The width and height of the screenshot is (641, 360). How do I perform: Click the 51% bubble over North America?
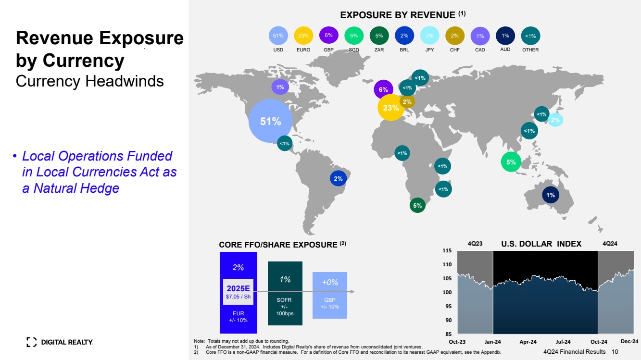click(x=270, y=121)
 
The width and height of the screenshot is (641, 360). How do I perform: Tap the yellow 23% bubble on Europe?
click(x=391, y=108)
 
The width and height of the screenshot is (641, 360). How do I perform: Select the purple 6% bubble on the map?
click(x=383, y=89)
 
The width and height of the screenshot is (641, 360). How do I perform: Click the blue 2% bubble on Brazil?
click(x=338, y=178)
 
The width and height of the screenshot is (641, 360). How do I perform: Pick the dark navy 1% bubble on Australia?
click(x=551, y=195)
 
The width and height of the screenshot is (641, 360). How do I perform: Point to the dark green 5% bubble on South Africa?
click(x=417, y=205)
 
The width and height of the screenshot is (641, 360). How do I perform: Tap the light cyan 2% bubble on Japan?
click(x=555, y=120)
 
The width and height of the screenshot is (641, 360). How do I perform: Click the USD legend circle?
click(x=278, y=36)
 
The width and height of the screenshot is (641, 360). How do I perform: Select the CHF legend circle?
click(x=455, y=36)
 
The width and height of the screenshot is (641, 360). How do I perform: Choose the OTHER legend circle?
click(x=530, y=36)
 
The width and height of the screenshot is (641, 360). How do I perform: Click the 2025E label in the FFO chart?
click(x=238, y=288)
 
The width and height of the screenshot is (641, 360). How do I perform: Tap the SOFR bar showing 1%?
click(x=285, y=293)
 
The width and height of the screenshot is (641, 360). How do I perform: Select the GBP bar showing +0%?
click(x=330, y=296)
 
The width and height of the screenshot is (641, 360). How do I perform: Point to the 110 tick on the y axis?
click(x=447, y=264)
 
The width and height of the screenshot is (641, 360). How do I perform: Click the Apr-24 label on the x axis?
click(x=528, y=342)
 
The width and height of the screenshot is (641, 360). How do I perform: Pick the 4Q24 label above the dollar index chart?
click(x=610, y=244)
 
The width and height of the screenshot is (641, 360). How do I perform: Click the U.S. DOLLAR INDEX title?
click(x=541, y=244)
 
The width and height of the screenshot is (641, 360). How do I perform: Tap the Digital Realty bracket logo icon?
click(x=31, y=342)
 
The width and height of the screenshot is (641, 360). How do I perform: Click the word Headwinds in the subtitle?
click(x=125, y=81)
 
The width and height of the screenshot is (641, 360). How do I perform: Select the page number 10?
click(x=615, y=352)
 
